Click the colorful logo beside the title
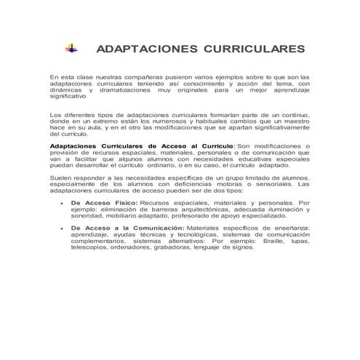point(71,48)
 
